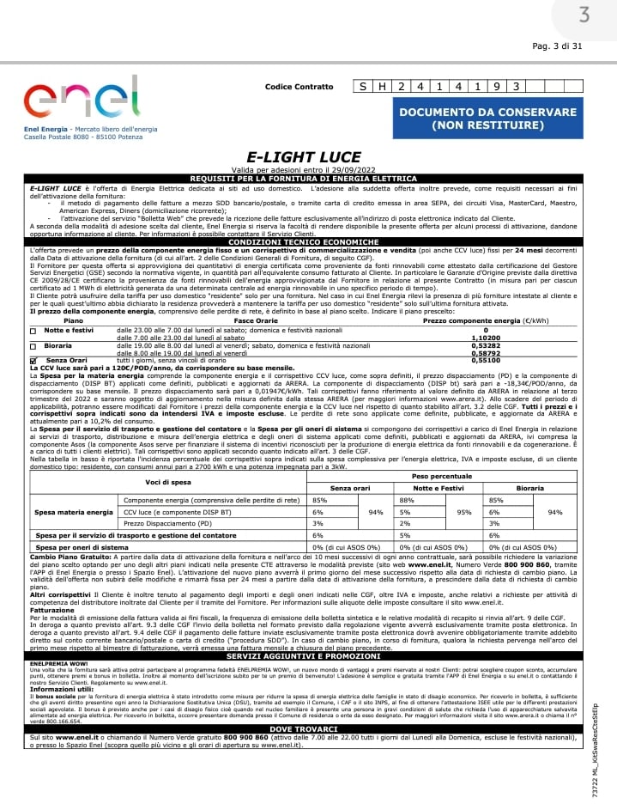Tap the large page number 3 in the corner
[x=584, y=15]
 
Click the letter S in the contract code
[x=364, y=87]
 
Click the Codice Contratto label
[x=299, y=87]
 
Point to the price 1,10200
[x=485, y=338]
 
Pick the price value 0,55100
[x=485, y=361]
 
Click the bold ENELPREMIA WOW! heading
[x=56, y=664]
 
